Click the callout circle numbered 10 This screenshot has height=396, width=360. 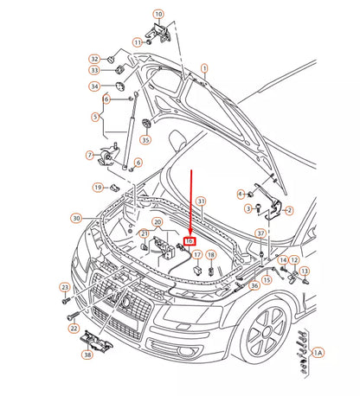[x=157, y=14]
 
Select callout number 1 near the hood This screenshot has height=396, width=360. [x=204, y=67]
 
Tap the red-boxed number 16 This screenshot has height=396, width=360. [x=191, y=244]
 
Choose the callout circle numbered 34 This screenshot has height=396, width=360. [x=93, y=86]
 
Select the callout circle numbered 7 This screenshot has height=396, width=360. [x=89, y=155]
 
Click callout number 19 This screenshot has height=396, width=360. [x=99, y=187]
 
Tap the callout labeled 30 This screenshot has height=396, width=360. [x=76, y=218]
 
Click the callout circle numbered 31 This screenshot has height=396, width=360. [x=201, y=201]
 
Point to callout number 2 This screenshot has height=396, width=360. [x=288, y=209]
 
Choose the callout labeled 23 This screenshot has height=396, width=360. [x=64, y=287]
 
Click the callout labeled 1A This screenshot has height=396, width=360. [x=318, y=353]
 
